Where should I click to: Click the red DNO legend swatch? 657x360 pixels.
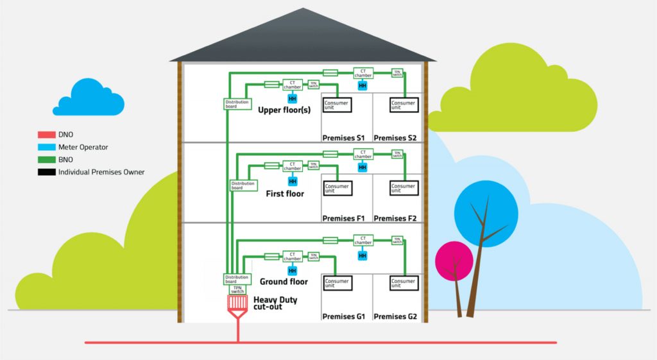click(46, 135)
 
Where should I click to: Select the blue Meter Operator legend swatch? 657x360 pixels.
click(46, 148)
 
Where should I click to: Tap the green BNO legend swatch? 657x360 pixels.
click(46, 160)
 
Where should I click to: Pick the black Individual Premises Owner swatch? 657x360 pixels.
click(46, 172)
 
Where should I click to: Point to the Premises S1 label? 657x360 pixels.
click(343, 138)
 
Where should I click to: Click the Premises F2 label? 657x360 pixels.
click(395, 219)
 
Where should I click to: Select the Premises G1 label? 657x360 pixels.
click(343, 316)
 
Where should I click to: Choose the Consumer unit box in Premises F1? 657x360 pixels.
click(337, 188)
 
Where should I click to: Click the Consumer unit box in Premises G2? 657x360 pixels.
click(404, 283)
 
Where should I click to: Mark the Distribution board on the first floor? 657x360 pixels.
click(243, 185)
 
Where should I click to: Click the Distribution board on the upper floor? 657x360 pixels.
click(235, 104)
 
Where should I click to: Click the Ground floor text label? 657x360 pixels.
click(284, 282)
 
